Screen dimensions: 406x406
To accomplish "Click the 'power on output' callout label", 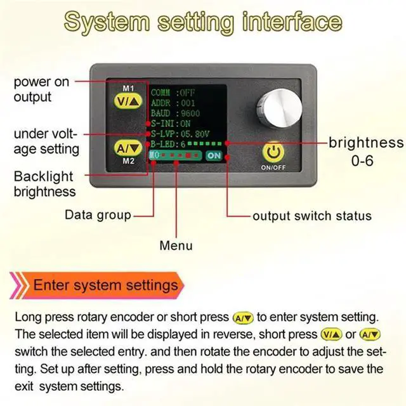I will point(41,89).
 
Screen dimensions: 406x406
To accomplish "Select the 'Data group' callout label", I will point(98,215).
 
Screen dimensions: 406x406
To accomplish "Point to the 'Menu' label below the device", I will point(176,246).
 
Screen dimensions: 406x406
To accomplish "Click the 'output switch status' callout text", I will point(311,216).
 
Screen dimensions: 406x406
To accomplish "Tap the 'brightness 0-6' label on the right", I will point(365,151).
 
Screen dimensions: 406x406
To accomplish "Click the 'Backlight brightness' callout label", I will point(44,183).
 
